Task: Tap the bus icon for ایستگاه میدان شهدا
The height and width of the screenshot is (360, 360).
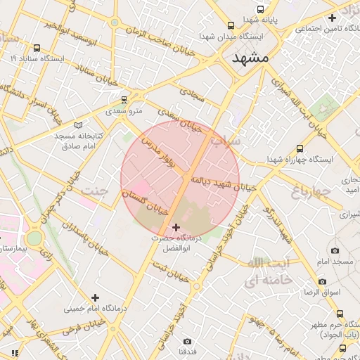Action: point(231,25)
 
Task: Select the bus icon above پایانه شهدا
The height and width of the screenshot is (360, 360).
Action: point(261,10)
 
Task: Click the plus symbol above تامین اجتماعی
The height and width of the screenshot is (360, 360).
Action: point(333,18)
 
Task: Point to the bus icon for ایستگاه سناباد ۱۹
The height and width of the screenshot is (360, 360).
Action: point(36,49)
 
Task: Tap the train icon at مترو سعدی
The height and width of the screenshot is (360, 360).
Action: point(124,100)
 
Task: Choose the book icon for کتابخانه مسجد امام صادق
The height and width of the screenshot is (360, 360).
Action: point(78,124)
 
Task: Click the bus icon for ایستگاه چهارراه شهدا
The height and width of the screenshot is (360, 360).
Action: point(300,149)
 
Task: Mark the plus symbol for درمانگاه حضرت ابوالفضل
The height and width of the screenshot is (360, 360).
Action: point(175,227)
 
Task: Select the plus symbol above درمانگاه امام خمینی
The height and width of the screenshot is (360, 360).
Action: point(95,297)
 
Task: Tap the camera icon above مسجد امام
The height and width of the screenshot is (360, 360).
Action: point(334,251)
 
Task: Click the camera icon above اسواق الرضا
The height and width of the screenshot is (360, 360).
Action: point(323,281)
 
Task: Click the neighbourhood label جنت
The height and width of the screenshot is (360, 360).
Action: point(96,190)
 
